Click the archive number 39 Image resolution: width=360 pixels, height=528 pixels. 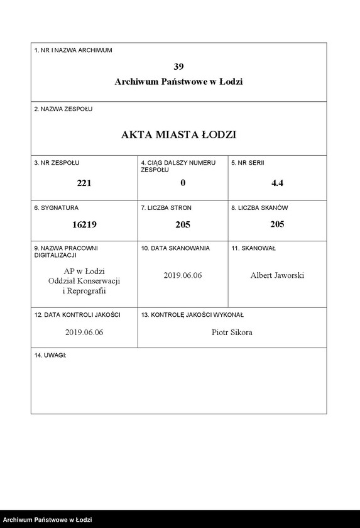[x=178, y=66]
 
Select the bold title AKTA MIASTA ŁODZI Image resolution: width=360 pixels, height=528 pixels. [x=178, y=135]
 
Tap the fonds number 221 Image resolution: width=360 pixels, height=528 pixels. [x=84, y=183]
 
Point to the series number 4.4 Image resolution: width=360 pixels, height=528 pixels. [x=277, y=183]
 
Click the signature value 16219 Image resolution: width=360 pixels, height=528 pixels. [x=84, y=224]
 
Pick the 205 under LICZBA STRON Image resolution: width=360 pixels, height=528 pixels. [x=183, y=224]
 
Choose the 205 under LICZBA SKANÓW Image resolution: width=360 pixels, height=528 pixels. [x=277, y=224]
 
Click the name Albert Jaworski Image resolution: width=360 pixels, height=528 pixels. [x=277, y=275]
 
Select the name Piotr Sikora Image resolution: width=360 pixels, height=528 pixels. [x=232, y=332]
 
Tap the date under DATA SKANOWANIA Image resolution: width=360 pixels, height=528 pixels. [x=183, y=275]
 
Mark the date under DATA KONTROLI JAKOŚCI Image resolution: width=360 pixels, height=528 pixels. [x=84, y=332]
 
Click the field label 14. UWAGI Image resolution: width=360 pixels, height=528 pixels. [x=50, y=356]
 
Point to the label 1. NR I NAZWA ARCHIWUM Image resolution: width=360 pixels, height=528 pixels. [x=73, y=50]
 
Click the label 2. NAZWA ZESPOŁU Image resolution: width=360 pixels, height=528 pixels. [x=63, y=109]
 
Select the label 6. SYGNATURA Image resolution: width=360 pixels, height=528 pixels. [x=57, y=207]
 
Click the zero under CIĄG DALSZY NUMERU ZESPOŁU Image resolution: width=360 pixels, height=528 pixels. [x=183, y=183]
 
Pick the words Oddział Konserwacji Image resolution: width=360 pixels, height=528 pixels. [x=84, y=281]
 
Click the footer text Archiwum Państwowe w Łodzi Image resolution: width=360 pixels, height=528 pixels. [x=48, y=520]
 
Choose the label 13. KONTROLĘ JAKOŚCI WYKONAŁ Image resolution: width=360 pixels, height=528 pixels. [x=192, y=314]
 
